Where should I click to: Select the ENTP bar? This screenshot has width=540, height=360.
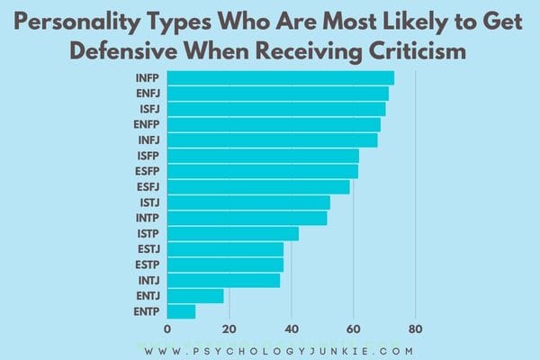(181, 311)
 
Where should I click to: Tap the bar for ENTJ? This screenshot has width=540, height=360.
(195, 296)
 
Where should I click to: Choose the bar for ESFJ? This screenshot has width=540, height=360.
(258, 187)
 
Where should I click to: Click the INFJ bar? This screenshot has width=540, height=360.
(273, 140)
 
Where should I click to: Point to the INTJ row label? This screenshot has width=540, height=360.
(149, 281)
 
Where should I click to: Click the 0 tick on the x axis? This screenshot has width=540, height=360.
(168, 328)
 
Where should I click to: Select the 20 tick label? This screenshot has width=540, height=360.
(229, 328)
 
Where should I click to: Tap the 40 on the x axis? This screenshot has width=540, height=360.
(292, 328)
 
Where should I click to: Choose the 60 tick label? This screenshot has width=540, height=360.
(354, 328)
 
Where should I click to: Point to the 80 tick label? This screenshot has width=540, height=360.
(416, 328)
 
